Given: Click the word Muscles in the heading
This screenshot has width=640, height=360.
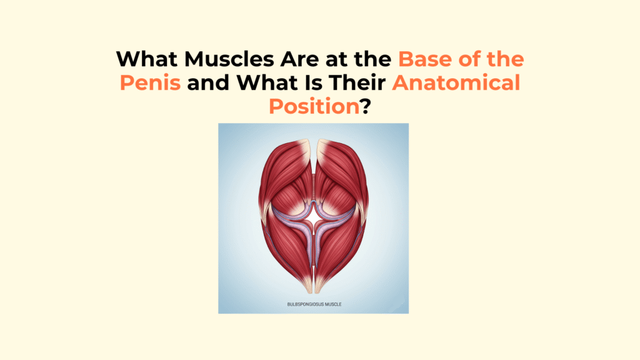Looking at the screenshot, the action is pyautogui.click(x=229, y=59).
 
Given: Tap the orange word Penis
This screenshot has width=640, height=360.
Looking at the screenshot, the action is pyautogui.click(x=150, y=83).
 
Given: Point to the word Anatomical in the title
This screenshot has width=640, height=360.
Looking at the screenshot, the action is pyautogui.click(x=456, y=83).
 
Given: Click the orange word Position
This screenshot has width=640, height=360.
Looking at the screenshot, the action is pyautogui.click(x=314, y=106).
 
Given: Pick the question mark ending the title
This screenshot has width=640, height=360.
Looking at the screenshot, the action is pyautogui.click(x=366, y=106).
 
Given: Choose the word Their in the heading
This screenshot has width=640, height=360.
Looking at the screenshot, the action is pyautogui.click(x=357, y=83).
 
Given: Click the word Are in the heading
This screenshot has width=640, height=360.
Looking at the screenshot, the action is pyautogui.click(x=299, y=59).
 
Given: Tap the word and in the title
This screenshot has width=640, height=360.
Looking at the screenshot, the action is pyautogui.click(x=209, y=83).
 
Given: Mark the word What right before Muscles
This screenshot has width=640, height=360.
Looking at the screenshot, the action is pyautogui.click(x=147, y=59).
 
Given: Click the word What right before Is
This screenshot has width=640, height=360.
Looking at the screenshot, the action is pyautogui.click(x=267, y=83).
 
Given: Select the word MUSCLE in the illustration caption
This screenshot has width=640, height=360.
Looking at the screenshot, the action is pyautogui.click(x=333, y=304).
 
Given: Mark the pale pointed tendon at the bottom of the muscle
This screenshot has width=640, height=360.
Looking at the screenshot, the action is pyautogui.click(x=314, y=282).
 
